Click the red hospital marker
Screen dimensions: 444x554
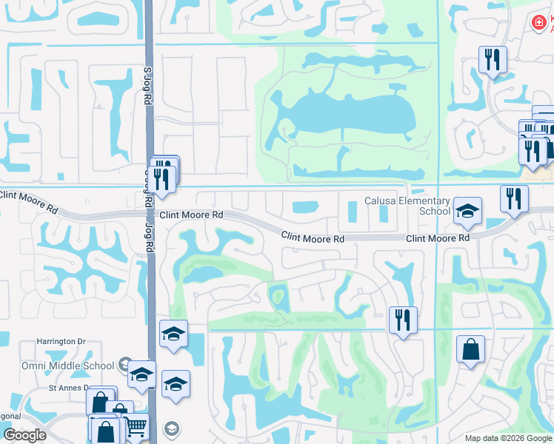coord(539,24)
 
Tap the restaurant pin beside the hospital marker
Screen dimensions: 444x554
coord(493,60)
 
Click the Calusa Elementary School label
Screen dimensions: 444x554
coord(407,206)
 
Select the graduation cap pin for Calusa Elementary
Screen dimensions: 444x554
coord(467,212)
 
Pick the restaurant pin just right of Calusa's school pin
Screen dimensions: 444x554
coord(514,198)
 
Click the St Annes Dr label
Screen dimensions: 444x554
coord(69,387)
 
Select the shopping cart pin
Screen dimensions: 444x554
coord(135,427)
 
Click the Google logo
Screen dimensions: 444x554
coord(24,435)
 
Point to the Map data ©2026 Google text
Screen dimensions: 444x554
coord(507,438)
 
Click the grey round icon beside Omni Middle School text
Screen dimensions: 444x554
coord(130,364)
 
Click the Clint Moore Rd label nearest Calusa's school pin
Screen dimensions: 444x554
coord(438,238)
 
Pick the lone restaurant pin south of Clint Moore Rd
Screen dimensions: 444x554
coord(403,320)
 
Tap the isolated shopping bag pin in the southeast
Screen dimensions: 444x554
coord(471,351)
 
